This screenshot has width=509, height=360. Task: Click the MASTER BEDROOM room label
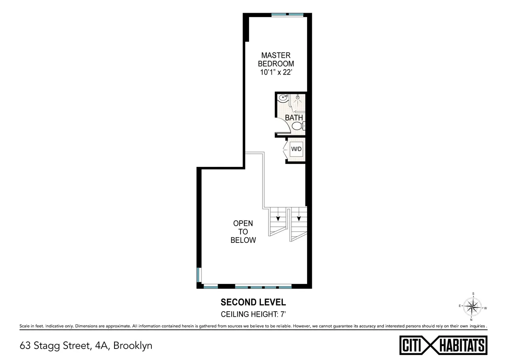coord(276,59)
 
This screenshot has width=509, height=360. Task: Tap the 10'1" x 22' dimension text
coord(276,73)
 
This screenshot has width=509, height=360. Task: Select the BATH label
coord(294,118)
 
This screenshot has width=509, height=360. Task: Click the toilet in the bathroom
coord(297,126)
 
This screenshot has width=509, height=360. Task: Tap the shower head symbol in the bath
coord(298,98)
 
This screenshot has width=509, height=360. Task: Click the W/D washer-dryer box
coord(296,149)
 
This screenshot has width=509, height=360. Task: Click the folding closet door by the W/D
coord(285,149)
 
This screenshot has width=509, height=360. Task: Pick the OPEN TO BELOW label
coord(243,232)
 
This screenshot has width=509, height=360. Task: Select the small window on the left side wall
coord(198,275)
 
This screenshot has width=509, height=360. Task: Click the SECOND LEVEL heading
coord(253,303)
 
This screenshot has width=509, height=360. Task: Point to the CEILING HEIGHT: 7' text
coord(253,315)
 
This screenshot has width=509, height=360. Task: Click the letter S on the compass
coord(473,293)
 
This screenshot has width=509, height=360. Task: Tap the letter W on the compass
coord(485,308)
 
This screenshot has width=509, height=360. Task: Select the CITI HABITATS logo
coord(443,345)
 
